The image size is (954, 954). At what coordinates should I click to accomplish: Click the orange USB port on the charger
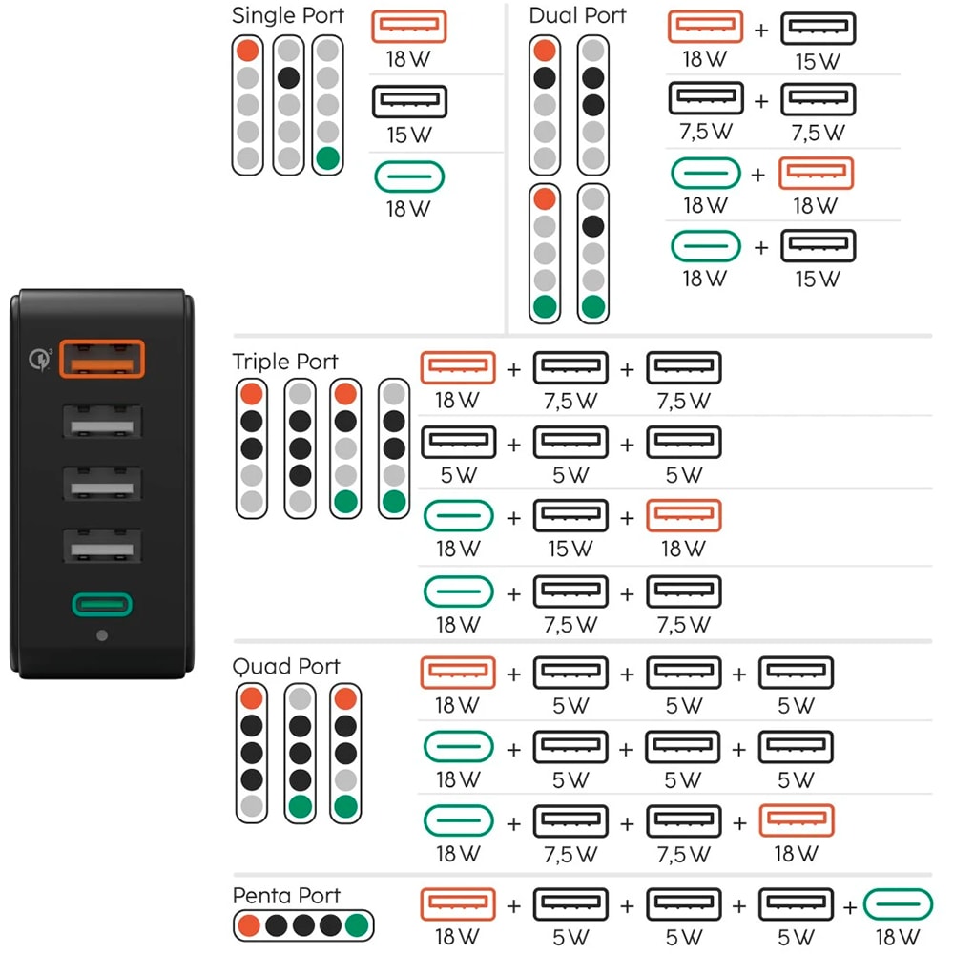click(x=102, y=360)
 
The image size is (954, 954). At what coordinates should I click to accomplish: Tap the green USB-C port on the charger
click(x=102, y=604)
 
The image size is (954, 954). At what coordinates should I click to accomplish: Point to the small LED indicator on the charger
click(x=102, y=635)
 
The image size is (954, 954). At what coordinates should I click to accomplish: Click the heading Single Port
click(x=288, y=16)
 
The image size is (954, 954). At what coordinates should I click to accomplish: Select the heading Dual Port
click(x=578, y=16)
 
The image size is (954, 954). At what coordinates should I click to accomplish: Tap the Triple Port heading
click(x=285, y=362)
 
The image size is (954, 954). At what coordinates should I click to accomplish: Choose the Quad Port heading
click(x=286, y=666)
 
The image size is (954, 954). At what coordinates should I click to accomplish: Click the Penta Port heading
click(x=286, y=896)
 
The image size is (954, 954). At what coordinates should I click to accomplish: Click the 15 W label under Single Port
click(x=409, y=135)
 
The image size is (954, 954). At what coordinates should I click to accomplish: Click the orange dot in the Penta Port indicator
click(x=250, y=924)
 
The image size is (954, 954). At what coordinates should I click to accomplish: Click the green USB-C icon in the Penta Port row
click(x=899, y=904)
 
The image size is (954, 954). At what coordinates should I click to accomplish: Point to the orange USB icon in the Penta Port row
click(x=458, y=904)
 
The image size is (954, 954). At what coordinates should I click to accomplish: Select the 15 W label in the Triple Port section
click(x=570, y=549)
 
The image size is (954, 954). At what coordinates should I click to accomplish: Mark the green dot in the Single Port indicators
click(x=327, y=158)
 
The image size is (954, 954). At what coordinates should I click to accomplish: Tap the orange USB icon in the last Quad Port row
click(x=797, y=821)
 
